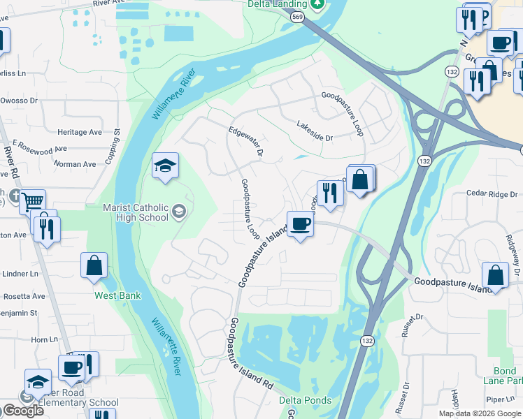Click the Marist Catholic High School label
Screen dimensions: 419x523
(135, 212)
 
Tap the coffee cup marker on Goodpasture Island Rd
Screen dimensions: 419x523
(301, 224)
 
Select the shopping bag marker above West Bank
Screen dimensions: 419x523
(94, 266)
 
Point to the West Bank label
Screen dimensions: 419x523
(118, 295)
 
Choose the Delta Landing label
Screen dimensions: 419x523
(278, 4)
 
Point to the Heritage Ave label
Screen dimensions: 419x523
(80, 132)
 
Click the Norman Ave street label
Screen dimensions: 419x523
(76, 164)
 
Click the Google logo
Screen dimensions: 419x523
(23, 411)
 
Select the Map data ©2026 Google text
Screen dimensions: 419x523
(479, 413)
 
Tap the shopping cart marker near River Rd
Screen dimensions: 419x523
(31, 202)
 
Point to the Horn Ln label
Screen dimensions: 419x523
(44, 339)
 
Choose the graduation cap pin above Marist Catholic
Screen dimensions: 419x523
(166, 166)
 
